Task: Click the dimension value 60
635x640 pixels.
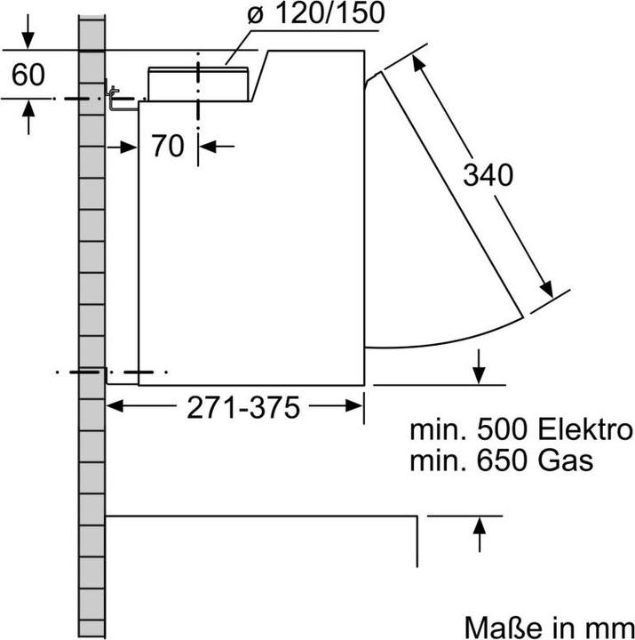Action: click(28, 76)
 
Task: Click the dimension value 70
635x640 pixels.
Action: click(166, 145)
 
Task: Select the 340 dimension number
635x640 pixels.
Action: click(488, 175)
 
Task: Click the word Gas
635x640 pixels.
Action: click(569, 461)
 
